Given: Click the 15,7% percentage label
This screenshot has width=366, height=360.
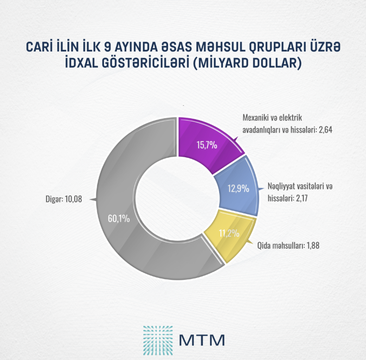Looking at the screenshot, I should pyautogui.click(x=203, y=145).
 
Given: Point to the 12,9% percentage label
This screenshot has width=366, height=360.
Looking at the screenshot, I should pyautogui.click(x=238, y=189).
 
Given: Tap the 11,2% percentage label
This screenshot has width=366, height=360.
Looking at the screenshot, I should pyautogui.click(x=229, y=233).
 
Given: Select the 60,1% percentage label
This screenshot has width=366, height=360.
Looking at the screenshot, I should pyautogui.click(x=118, y=219).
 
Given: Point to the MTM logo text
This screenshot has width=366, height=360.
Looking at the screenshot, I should pyautogui.click(x=202, y=338).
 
